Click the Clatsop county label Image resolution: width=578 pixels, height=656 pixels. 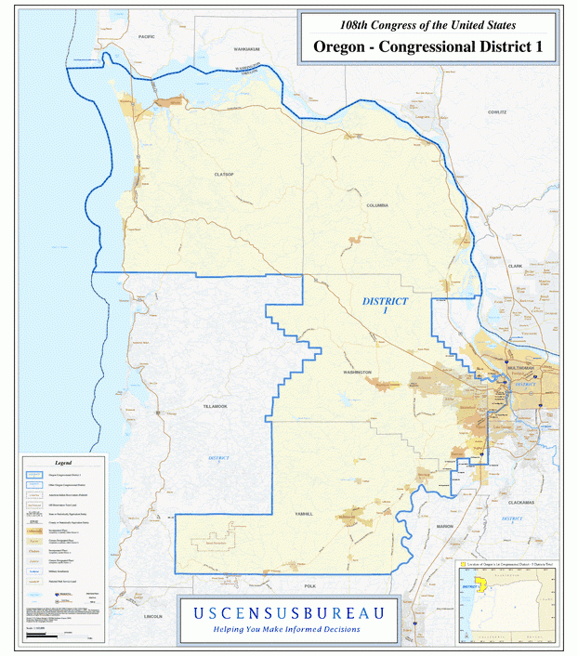point(222,174)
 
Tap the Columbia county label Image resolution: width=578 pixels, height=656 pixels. point(376,204)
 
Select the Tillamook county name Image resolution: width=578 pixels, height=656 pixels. point(215,406)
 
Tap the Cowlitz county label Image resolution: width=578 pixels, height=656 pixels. point(497,112)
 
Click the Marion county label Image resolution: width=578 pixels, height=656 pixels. point(444,526)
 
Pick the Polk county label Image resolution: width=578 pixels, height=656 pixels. point(309,586)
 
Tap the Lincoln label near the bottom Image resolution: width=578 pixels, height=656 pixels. point(153,616)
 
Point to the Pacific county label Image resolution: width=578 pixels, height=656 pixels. point(146,35)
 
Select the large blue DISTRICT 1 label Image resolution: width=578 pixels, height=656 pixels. point(385,306)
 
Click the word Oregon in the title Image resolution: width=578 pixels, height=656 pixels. point(339,46)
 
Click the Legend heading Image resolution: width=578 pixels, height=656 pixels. point(63,462)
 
